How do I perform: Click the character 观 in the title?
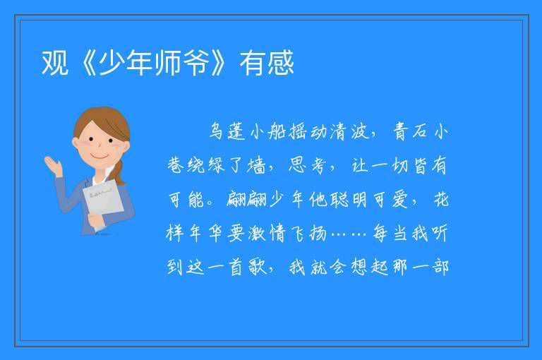click(54, 63)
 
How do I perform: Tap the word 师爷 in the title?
click(182, 63)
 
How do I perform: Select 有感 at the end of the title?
click(267, 63)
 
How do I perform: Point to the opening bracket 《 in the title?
click(87, 63)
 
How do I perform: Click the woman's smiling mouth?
click(100, 157)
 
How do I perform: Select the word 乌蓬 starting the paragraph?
click(227, 132)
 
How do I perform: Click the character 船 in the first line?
click(277, 132)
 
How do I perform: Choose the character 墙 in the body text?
click(256, 166)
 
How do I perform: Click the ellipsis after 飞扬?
click(349, 234)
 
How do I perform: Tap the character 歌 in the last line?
click(258, 267)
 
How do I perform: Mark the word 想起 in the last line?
click(370, 267)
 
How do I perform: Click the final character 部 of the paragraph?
click(440, 267)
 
